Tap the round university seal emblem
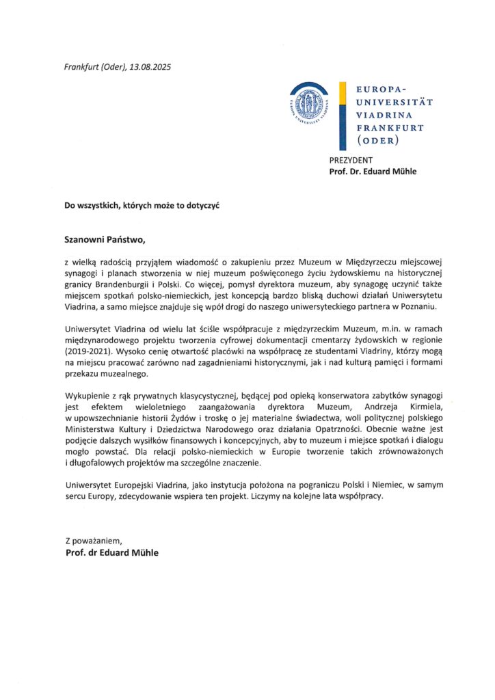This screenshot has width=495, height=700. (x=308, y=105)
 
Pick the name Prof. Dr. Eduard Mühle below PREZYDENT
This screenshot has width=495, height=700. (x=373, y=172)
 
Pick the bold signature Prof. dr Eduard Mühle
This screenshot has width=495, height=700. (x=111, y=552)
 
